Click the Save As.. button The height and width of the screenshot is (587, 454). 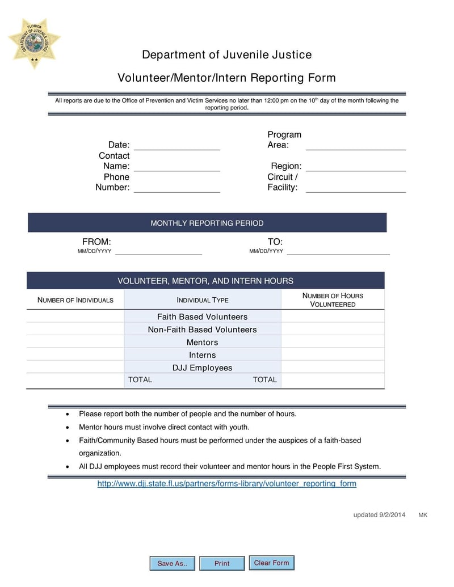point(172,563)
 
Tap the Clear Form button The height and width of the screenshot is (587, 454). point(271,563)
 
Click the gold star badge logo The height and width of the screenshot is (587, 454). point(34,43)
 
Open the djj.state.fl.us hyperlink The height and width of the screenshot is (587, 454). point(227,484)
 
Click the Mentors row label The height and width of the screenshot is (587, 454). point(202,342)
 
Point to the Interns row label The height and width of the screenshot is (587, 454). point(202,355)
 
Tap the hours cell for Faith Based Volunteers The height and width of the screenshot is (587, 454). point(333,316)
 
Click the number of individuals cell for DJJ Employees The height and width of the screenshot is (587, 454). point(75,368)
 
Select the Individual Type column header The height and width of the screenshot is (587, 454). point(203,300)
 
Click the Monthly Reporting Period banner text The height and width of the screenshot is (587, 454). point(207,223)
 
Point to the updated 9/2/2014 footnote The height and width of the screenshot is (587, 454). point(379,515)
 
